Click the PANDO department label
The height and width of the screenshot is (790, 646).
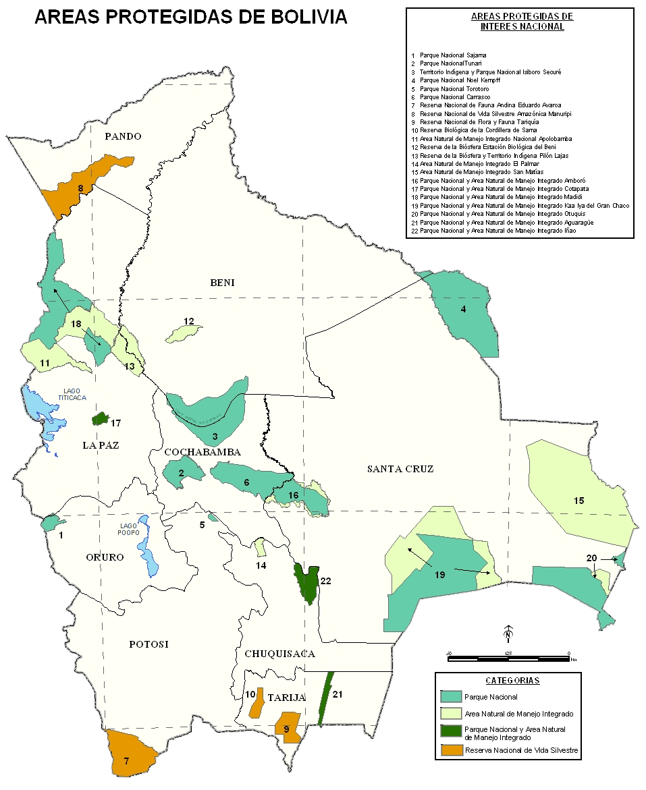(x=124, y=136)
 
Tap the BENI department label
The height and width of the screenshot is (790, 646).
(x=222, y=283)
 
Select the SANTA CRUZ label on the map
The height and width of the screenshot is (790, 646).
(x=400, y=469)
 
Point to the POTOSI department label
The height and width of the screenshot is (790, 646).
(x=149, y=644)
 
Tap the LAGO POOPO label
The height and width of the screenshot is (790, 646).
(x=129, y=529)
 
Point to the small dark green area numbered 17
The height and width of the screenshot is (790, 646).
(x=101, y=419)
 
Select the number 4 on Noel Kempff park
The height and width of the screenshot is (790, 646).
(x=464, y=310)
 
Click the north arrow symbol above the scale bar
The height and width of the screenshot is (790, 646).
(x=508, y=634)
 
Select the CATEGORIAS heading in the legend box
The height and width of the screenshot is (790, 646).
(x=512, y=681)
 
